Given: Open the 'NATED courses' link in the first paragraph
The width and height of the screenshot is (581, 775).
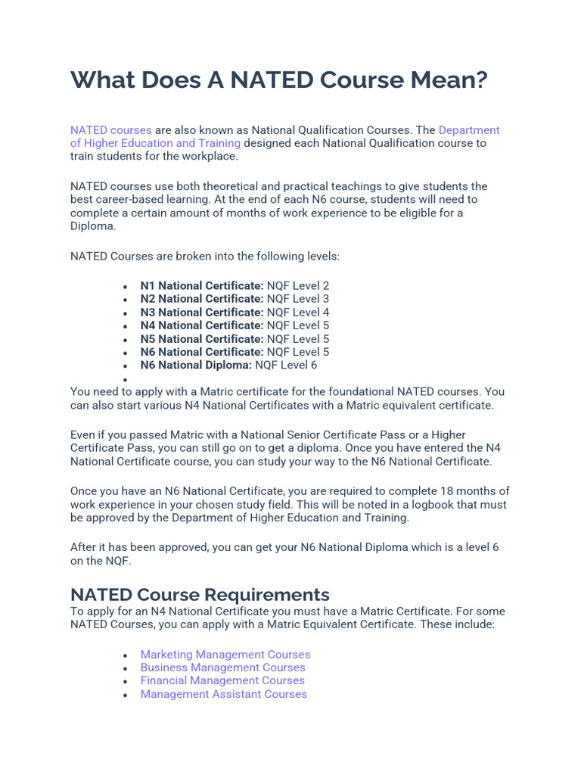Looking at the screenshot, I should (111, 130).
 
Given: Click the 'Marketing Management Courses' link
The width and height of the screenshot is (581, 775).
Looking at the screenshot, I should (225, 654).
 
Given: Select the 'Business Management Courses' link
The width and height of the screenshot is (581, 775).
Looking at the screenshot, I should (222, 668).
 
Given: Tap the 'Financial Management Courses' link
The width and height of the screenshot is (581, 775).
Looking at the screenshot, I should (222, 680).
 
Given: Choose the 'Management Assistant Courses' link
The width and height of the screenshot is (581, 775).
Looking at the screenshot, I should (223, 694).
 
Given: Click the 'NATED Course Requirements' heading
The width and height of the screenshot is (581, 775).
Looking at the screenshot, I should (200, 594).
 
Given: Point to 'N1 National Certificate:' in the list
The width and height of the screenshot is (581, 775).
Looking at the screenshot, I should (202, 286).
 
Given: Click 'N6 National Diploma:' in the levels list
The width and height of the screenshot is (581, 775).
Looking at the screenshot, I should (196, 365).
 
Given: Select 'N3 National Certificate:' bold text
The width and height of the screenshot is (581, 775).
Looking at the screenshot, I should (202, 313).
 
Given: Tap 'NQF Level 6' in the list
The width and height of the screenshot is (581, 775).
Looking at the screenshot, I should (287, 365).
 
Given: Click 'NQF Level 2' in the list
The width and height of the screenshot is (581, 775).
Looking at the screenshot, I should (298, 286).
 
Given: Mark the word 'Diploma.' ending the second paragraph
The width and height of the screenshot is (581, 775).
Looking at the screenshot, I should (94, 226).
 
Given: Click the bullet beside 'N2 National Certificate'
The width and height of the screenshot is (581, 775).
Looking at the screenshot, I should (126, 300).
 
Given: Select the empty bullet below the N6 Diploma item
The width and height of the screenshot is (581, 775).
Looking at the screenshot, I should (126, 379).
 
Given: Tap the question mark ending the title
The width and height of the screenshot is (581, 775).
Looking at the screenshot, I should (480, 80).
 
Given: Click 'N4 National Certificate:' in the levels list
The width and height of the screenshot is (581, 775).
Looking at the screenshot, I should (202, 325).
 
